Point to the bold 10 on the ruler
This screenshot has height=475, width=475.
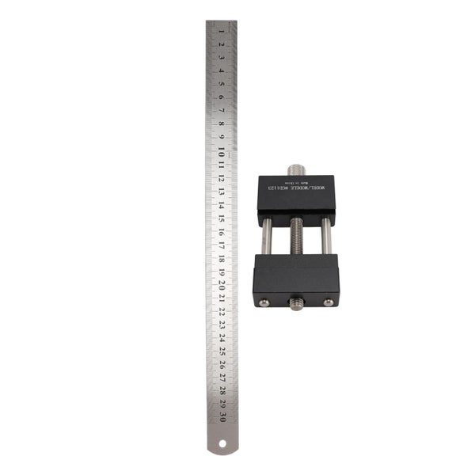click(222, 150)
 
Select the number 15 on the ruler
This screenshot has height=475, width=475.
click(222, 216)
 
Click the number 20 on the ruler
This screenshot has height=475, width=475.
click(222, 283)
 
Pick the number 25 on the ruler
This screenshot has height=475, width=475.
click(222, 350)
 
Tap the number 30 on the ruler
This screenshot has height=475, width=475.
click(222, 416)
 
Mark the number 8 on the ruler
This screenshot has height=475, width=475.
click(222, 123)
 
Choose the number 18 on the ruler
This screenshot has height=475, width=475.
click(222, 256)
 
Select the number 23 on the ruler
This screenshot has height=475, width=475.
click(222, 323)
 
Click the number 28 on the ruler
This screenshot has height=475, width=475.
click(222, 389)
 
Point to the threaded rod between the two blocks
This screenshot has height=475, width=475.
click(296, 237)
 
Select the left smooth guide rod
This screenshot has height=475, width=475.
click(268, 237)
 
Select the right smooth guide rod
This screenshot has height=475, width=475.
click(325, 237)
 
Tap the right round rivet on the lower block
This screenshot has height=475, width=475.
click(329, 301)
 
